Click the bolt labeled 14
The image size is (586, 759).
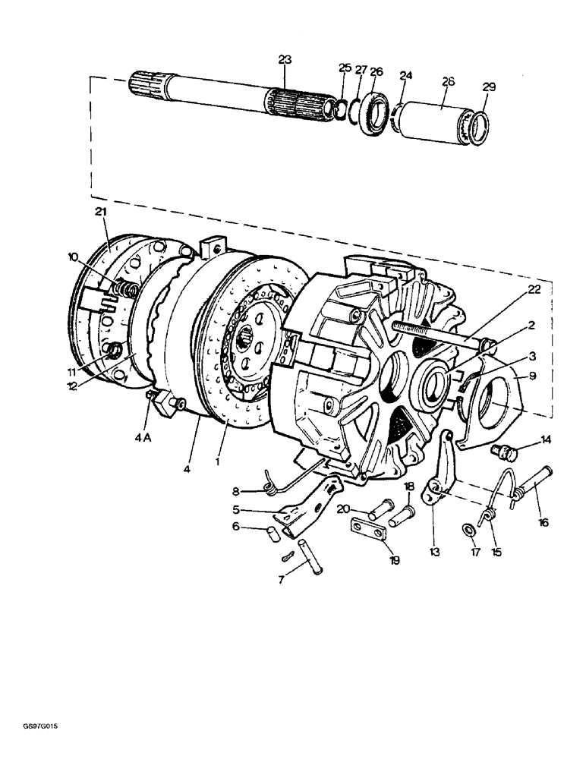coord(504,454)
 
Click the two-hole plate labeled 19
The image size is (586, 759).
coord(368,528)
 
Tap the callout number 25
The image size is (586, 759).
coord(345,69)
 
